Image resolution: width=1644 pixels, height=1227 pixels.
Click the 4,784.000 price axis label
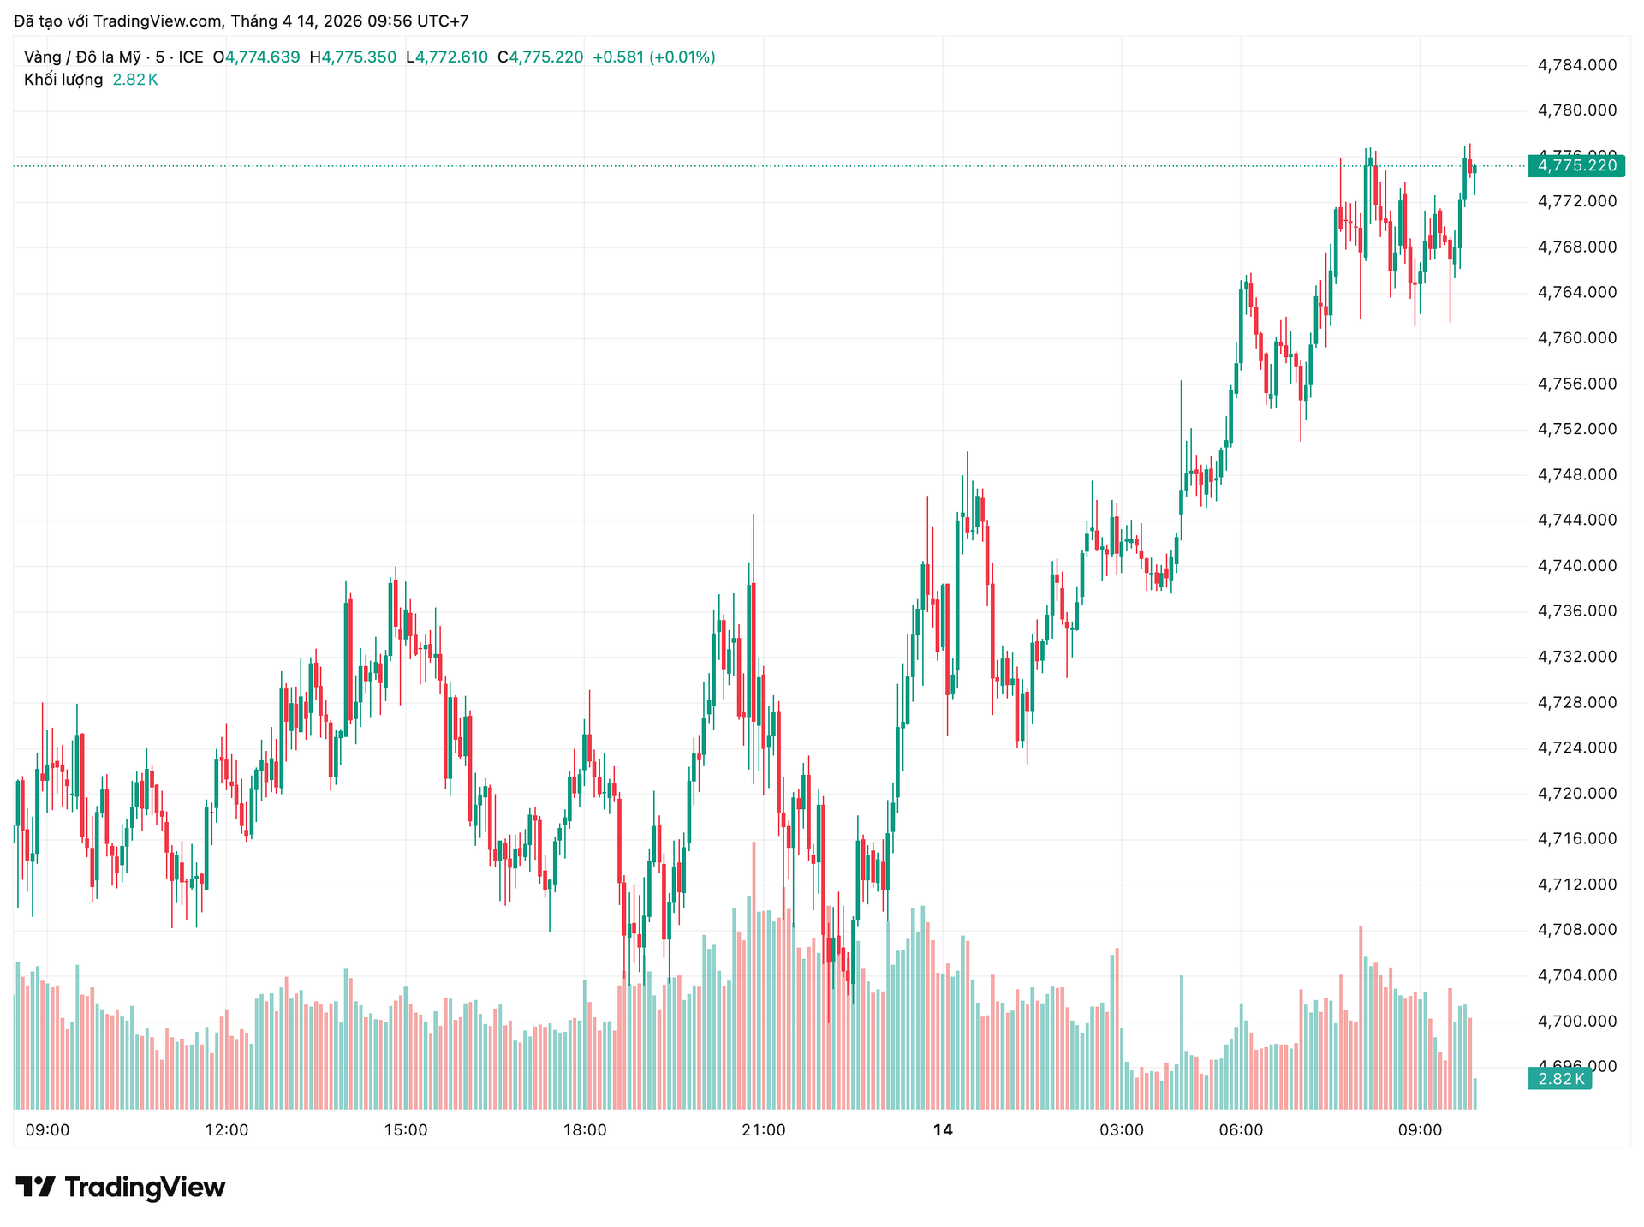(x=1577, y=65)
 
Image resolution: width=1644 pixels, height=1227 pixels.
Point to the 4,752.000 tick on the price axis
(x=1577, y=429)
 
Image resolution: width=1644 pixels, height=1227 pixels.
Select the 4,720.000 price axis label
(x=1577, y=793)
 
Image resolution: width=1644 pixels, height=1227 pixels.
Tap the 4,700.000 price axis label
(x=1577, y=1021)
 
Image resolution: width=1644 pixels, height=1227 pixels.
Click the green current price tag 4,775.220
(x=1576, y=165)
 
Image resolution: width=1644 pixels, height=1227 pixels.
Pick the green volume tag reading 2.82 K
(x=1560, y=1079)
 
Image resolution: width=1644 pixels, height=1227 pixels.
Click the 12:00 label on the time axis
(x=227, y=1130)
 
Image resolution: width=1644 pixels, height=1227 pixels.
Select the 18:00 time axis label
(x=585, y=1130)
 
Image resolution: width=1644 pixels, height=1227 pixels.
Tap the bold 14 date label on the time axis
(x=942, y=1130)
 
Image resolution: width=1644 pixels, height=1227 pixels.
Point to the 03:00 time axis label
(x=1122, y=1130)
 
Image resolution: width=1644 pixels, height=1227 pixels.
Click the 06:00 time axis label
(x=1241, y=1130)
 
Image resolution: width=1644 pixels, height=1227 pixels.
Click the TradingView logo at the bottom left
(x=121, y=1188)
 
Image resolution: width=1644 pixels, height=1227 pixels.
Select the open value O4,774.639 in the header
(x=256, y=57)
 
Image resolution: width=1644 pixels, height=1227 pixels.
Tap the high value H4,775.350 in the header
(x=353, y=57)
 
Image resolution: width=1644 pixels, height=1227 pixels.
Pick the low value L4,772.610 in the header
(x=447, y=57)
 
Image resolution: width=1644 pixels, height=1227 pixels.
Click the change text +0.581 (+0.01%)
(x=653, y=57)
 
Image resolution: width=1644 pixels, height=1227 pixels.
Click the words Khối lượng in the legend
(x=63, y=80)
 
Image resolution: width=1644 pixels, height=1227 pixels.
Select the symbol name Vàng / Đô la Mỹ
(x=82, y=57)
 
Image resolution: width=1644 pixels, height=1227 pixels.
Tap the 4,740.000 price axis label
(x=1577, y=565)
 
